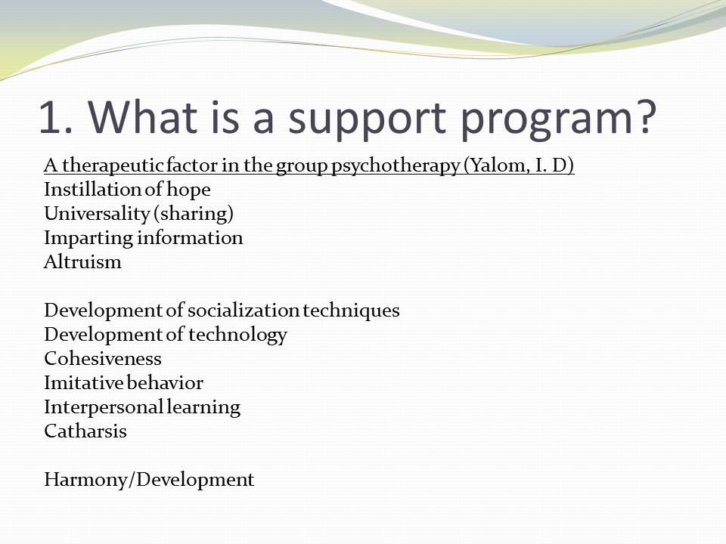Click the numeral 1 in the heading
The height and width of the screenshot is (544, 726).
point(51,118)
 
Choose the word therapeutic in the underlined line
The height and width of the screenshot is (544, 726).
point(113,166)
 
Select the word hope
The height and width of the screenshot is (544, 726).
point(188,190)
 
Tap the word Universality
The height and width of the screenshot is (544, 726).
point(97,214)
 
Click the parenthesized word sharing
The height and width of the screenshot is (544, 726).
point(194,214)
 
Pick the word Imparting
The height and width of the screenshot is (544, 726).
point(88,239)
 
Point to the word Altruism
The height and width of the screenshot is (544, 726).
point(82,262)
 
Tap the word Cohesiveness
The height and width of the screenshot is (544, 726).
point(103,358)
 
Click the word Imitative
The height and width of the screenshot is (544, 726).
point(84,382)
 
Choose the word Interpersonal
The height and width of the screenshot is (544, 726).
point(104,407)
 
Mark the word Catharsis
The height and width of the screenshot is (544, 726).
point(85,431)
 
